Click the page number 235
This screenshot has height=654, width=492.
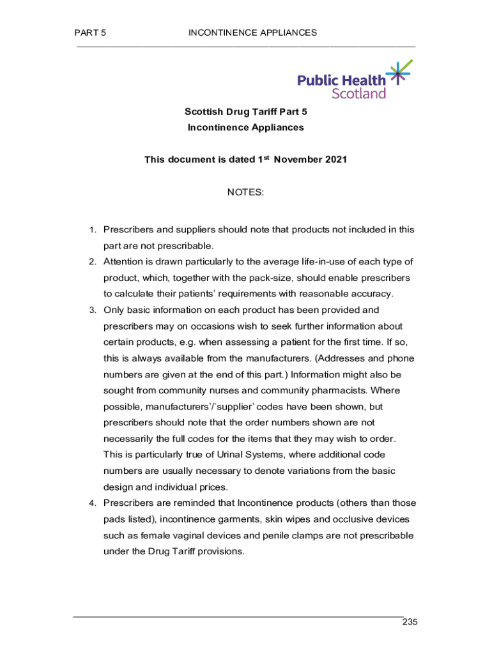click(410, 623)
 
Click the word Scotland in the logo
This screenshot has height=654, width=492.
click(358, 93)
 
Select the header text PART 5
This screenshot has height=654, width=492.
click(90, 33)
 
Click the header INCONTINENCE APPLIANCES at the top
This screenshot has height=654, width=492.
click(252, 33)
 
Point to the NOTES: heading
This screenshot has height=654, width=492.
click(245, 192)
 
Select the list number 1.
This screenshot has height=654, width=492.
click(92, 230)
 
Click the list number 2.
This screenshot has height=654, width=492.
click(92, 262)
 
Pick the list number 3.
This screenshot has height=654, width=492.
click(92, 310)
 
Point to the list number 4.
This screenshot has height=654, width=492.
click(92, 503)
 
